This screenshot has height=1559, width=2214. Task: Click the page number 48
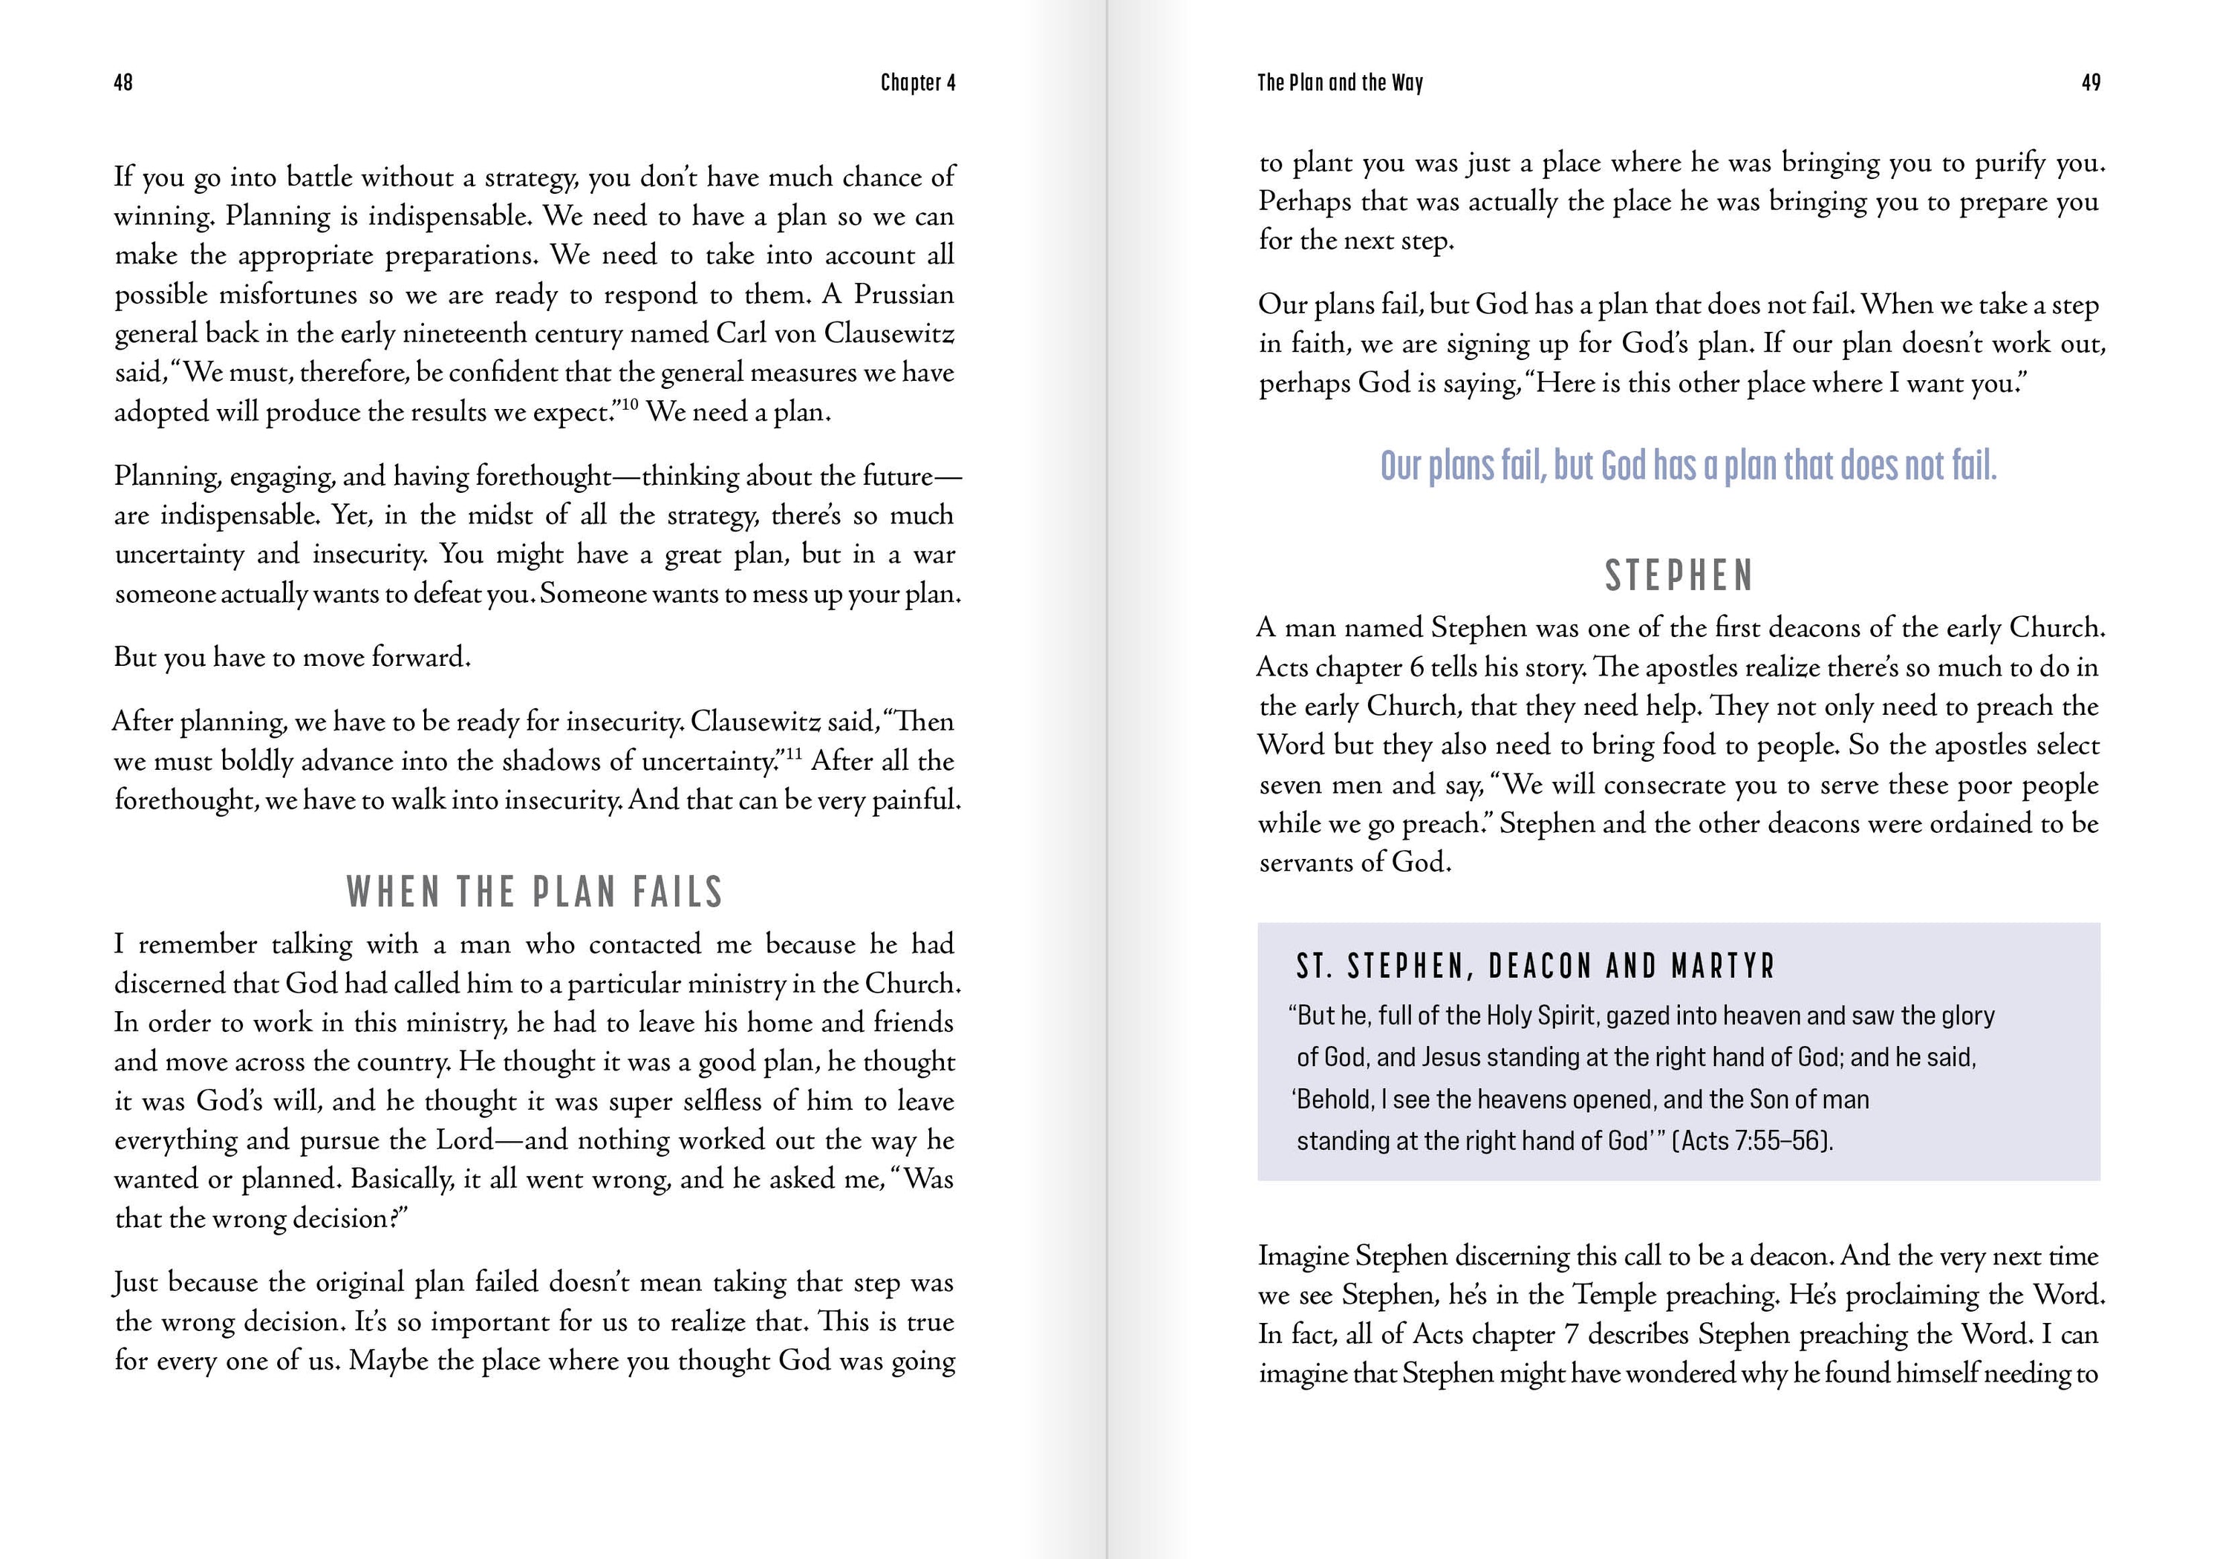pos(123,83)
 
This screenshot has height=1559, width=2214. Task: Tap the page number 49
pos(2091,83)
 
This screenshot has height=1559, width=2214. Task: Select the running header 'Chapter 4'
pos(917,83)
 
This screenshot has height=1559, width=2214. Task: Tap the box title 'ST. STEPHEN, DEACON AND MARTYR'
pos(1535,966)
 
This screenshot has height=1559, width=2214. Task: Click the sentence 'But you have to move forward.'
pos(292,658)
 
